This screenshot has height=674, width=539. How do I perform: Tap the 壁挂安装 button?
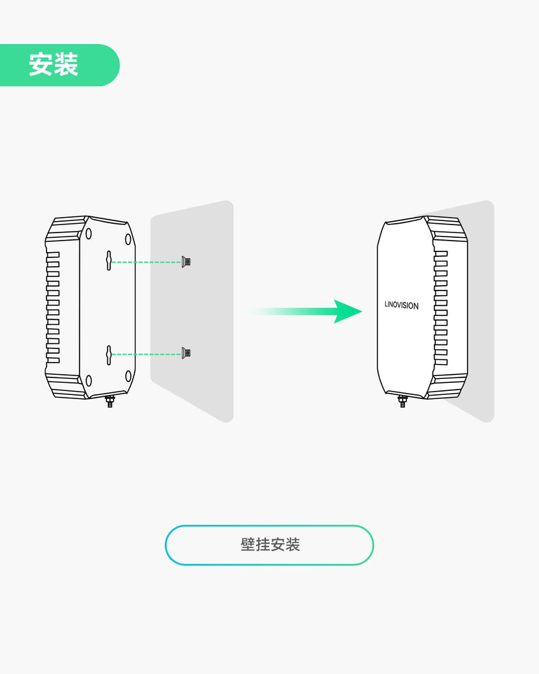[269, 545]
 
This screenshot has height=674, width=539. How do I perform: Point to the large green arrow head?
[349, 311]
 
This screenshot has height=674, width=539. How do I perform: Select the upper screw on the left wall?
[185, 262]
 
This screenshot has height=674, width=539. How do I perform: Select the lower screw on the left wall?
[185, 353]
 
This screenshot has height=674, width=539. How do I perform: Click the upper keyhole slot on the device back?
[108, 261]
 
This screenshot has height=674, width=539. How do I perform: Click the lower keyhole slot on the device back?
[108, 353]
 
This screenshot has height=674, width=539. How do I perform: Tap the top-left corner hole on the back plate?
[89, 233]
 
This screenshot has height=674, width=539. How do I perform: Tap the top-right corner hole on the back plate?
[128, 239]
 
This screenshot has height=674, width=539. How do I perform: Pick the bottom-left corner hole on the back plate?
[89, 381]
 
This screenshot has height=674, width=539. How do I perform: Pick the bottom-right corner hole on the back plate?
[128, 375]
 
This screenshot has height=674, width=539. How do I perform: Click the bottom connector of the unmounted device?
[109, 403]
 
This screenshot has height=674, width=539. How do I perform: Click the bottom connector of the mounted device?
[402, 402]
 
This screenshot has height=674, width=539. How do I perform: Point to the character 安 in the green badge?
[40, 65]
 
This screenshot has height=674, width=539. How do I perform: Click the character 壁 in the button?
[247, 545]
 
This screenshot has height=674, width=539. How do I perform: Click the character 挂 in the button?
[263, 545]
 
